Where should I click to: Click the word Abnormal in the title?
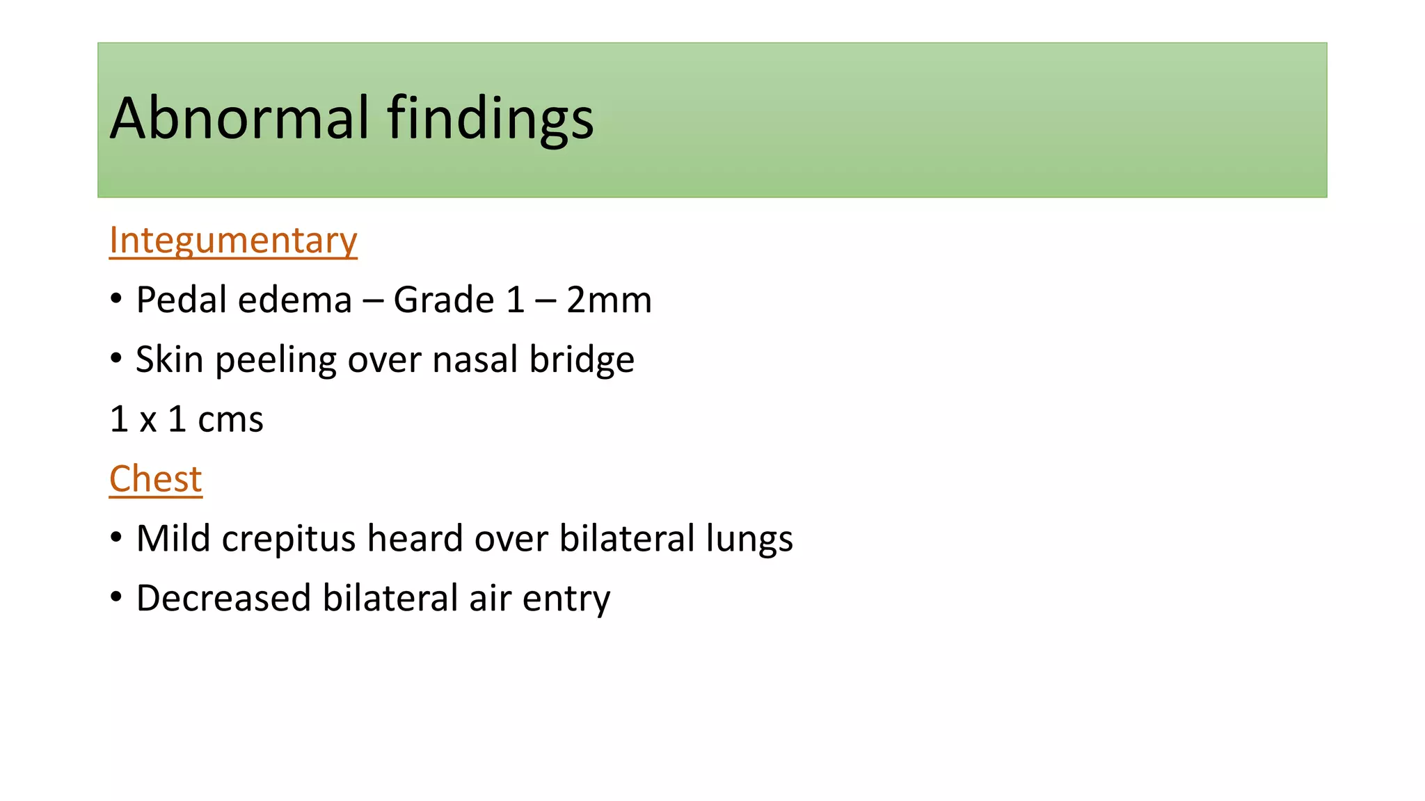239,118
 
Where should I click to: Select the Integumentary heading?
233,241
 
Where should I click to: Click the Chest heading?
155,479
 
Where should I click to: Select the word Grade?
443,300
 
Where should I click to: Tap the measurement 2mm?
609,300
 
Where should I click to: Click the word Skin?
169,360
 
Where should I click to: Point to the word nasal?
474,360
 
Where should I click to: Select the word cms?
230,420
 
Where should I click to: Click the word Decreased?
223,599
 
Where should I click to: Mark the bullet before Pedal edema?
116,299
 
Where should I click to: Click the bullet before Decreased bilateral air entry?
116,597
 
